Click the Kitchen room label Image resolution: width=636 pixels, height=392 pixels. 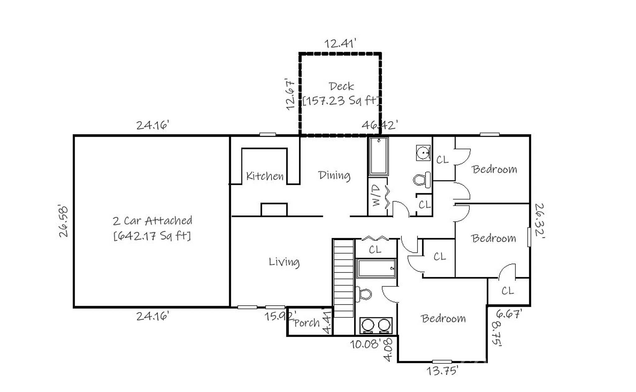(x=265, y=176)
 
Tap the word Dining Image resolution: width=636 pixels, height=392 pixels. (x=334, y=175)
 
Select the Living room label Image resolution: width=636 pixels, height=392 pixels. (x=284, y=262)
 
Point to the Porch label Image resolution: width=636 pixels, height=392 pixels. (x=307, y=323)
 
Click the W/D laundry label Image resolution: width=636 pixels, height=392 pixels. (x=376, y=196)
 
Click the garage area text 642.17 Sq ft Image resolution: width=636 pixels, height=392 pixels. (x=152, y=236)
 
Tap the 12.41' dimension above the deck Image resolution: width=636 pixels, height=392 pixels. (x=340, y=43)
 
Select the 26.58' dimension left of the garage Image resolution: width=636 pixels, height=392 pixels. (x=63, y=221)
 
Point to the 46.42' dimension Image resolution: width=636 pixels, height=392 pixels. (x=379, y=125)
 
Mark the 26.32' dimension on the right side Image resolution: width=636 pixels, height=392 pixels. (x=540, y=220)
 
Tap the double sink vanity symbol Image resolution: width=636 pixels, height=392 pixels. (x=376, y=325)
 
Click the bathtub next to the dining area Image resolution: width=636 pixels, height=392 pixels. (x=378, y=156)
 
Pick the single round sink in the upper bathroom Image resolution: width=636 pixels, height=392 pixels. (x=423, y=153)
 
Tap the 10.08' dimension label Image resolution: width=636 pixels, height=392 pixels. (x=366, y=344)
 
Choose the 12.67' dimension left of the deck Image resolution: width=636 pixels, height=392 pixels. (x=290, y=94)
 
